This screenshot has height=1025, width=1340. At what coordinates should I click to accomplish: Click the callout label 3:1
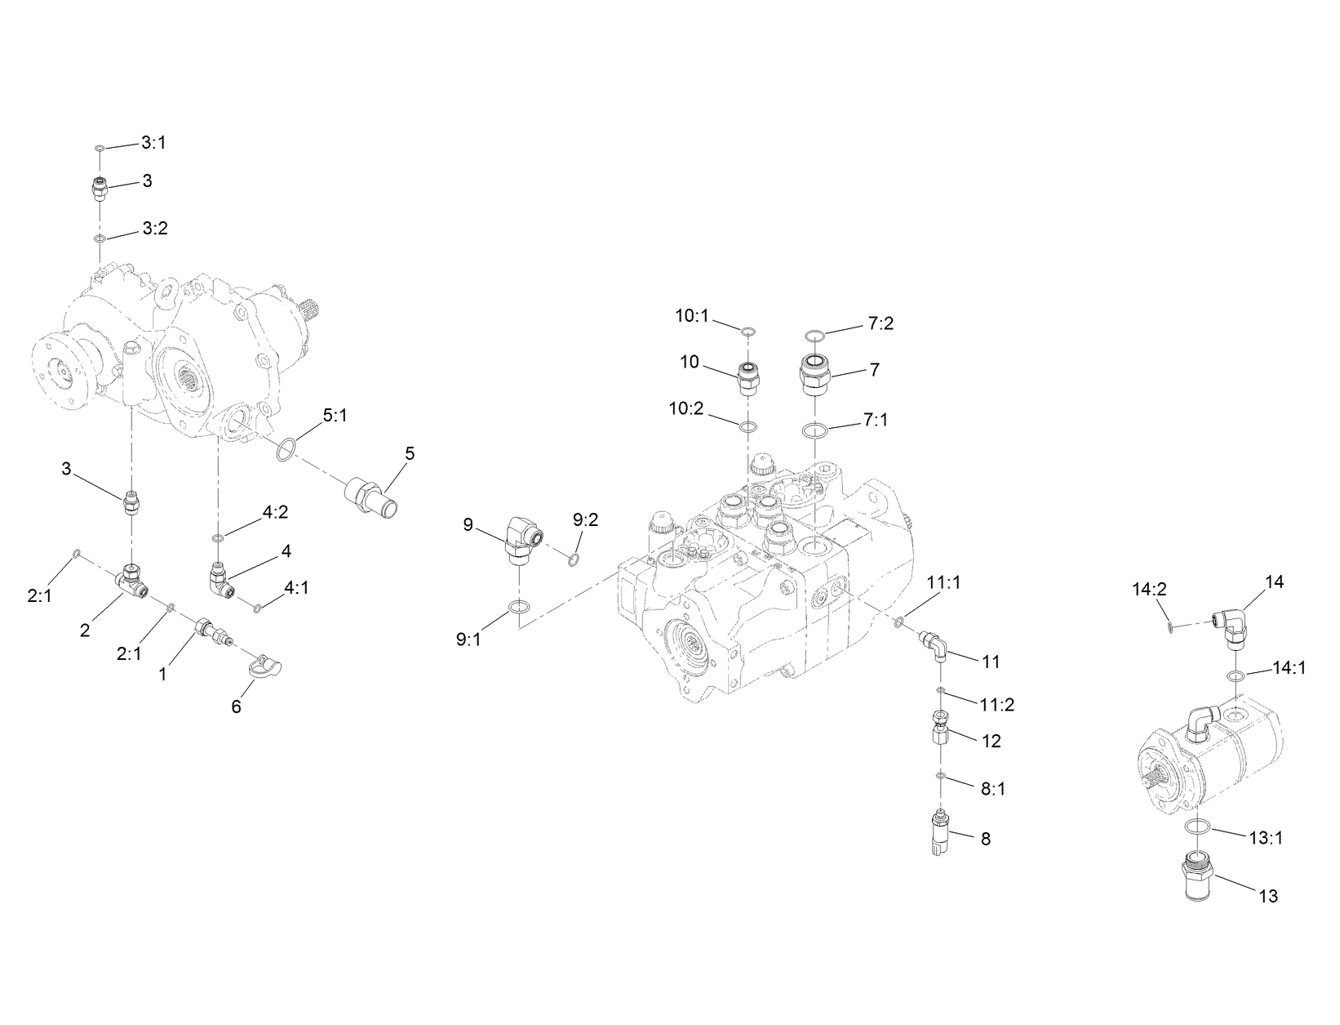coord(153,142)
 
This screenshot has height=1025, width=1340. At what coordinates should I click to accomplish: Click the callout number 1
coord(163,675)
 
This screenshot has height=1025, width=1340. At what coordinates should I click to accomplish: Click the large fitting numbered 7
coord(814,375)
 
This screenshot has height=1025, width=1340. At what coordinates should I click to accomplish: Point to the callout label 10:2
coord(686,408)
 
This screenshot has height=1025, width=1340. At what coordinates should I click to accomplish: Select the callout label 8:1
coord(992,789)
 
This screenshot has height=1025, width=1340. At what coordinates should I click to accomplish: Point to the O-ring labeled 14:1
coord(1237,675)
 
